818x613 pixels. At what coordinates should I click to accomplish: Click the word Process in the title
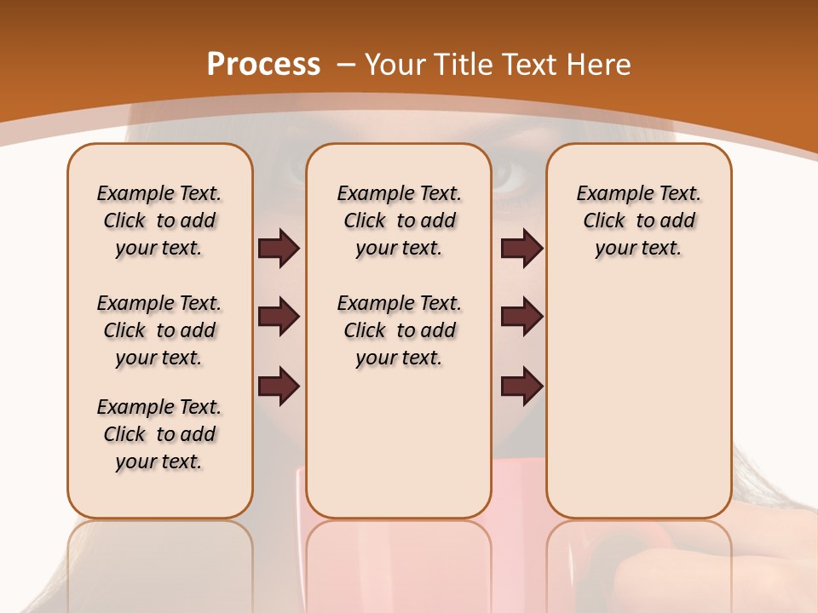coord(263,64)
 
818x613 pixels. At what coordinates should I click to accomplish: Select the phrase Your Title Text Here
coord(498,65)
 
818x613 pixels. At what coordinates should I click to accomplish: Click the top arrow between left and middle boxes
coord(279,249)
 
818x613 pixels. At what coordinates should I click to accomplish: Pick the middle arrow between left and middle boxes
coord(279,317)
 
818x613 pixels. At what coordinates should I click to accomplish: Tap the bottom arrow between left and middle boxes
coord(279,387)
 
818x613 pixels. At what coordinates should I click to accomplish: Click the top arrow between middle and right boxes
coord(521,249)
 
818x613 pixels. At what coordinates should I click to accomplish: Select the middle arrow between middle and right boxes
coord(521,317)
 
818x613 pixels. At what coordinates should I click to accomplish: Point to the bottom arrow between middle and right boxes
coord(521,387)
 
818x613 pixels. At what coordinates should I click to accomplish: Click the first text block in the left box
coord(159,221)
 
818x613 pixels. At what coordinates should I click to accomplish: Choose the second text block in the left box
coord(159,330)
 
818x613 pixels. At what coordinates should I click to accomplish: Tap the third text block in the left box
coord(159,434)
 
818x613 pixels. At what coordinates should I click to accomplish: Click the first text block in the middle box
coord(400,221)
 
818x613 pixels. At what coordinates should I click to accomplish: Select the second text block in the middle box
coord(400,330)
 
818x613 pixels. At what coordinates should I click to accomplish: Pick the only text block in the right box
coord(639,221)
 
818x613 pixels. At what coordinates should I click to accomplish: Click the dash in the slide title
coord(346,65)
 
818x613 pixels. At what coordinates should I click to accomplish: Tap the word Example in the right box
coord(608,193)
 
